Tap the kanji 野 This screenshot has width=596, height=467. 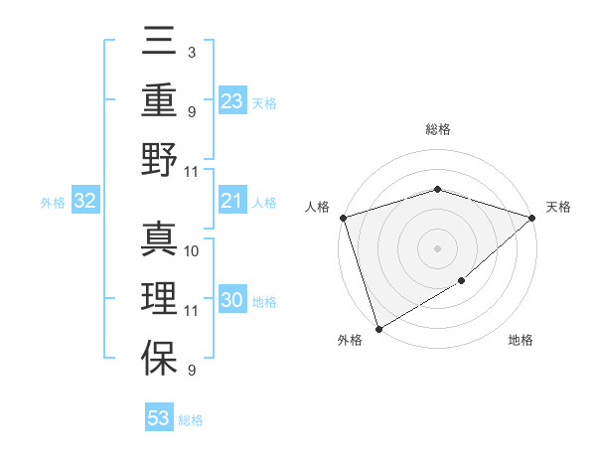coord(159,160)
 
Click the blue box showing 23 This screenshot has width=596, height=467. coord(231,101)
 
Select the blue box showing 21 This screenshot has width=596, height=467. coord(231,202)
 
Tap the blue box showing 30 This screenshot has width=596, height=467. coord(231,301)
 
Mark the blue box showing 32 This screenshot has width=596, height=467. coord(85,202)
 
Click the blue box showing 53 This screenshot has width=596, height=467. coord(159,418)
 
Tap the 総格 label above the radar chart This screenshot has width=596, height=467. coord(437,129)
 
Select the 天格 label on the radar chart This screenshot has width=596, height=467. coord(559,207)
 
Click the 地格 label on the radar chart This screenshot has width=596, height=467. coord(521,341)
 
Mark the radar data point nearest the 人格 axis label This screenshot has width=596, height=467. coord(343,218)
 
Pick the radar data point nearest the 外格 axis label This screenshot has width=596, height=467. coord(378,329)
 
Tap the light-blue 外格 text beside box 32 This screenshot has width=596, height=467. coord(53,203)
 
